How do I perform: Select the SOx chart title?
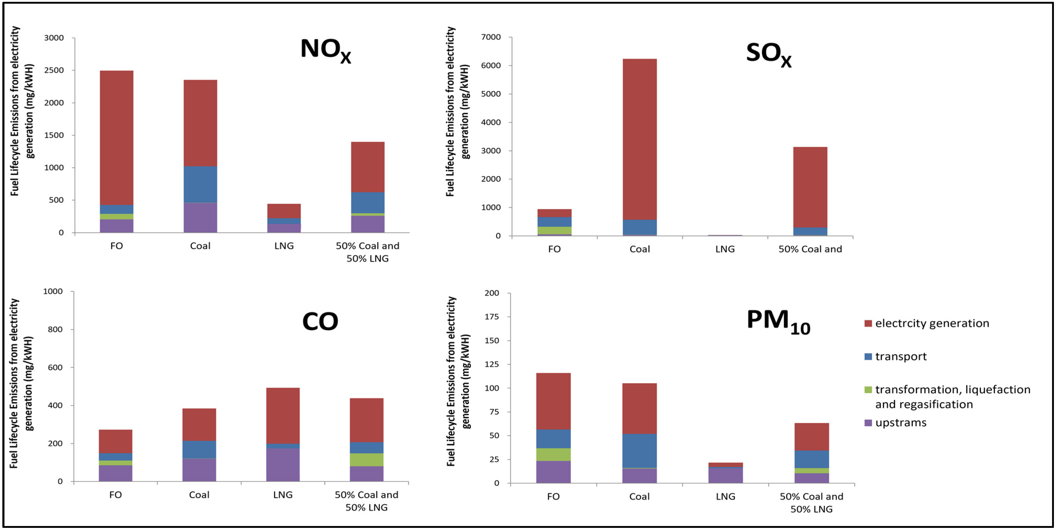pyautogui.click(x=768, y=54)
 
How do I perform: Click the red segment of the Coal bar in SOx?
pyautogui.click(x=640, y=140)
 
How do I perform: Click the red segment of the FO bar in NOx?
pyautogui.click(x=116, y=138)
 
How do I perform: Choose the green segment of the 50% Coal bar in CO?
pyautogui.click(x=366, y=459)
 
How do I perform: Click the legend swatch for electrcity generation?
pyautogui.click(x=868, y=323)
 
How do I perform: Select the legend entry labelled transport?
pyautogui.click(x=901, y=357)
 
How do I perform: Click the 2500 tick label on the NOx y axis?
pyautogui.click(x=54, y=70)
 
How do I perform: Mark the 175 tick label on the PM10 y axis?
pyautogui.click(x=492, y=317)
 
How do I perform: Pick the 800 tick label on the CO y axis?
pyautogui.click(x=55, y=330)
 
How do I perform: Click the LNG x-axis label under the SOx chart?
pyautogui.click(x=725, y=249)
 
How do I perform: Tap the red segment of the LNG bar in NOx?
pyautogui.click(x=284, y=211)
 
